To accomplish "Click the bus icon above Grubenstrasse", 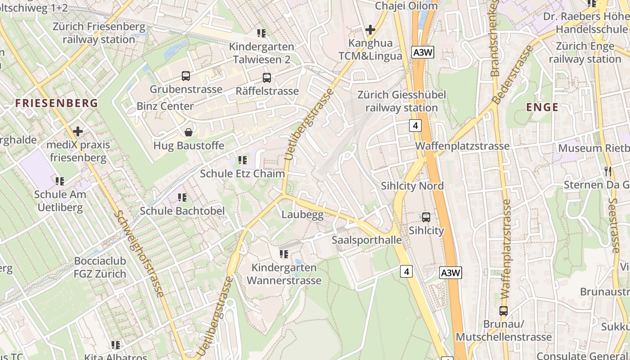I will click(x=186, y=76).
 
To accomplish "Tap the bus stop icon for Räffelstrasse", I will click(x=267, y=78).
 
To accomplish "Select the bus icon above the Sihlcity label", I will click(x=426, y=217).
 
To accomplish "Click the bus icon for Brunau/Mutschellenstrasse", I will click(x=504, y=311).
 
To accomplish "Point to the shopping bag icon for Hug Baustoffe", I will click(x=189, y=132).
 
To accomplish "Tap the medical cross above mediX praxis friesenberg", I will click(x=78, y=131).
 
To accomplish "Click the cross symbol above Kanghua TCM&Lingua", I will click(x=370, y=30).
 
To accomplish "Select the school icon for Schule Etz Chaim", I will click(x=243, y=160).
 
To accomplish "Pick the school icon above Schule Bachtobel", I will click(x=182, y=198).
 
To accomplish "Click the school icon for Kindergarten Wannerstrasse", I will click(x=283, y=254).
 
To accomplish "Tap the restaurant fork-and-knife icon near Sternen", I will click(x=608, y=171).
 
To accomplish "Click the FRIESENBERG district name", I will click(x=57, y=103).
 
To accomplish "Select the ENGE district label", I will click(x=542, y=107).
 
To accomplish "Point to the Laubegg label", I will click(x=302, y=215).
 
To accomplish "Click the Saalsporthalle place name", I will click(x=367, y=240).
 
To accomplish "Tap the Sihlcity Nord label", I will click(x=412, y=186).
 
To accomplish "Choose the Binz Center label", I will click(x=165, y=106).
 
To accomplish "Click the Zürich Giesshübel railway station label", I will click(x=401, y=101).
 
